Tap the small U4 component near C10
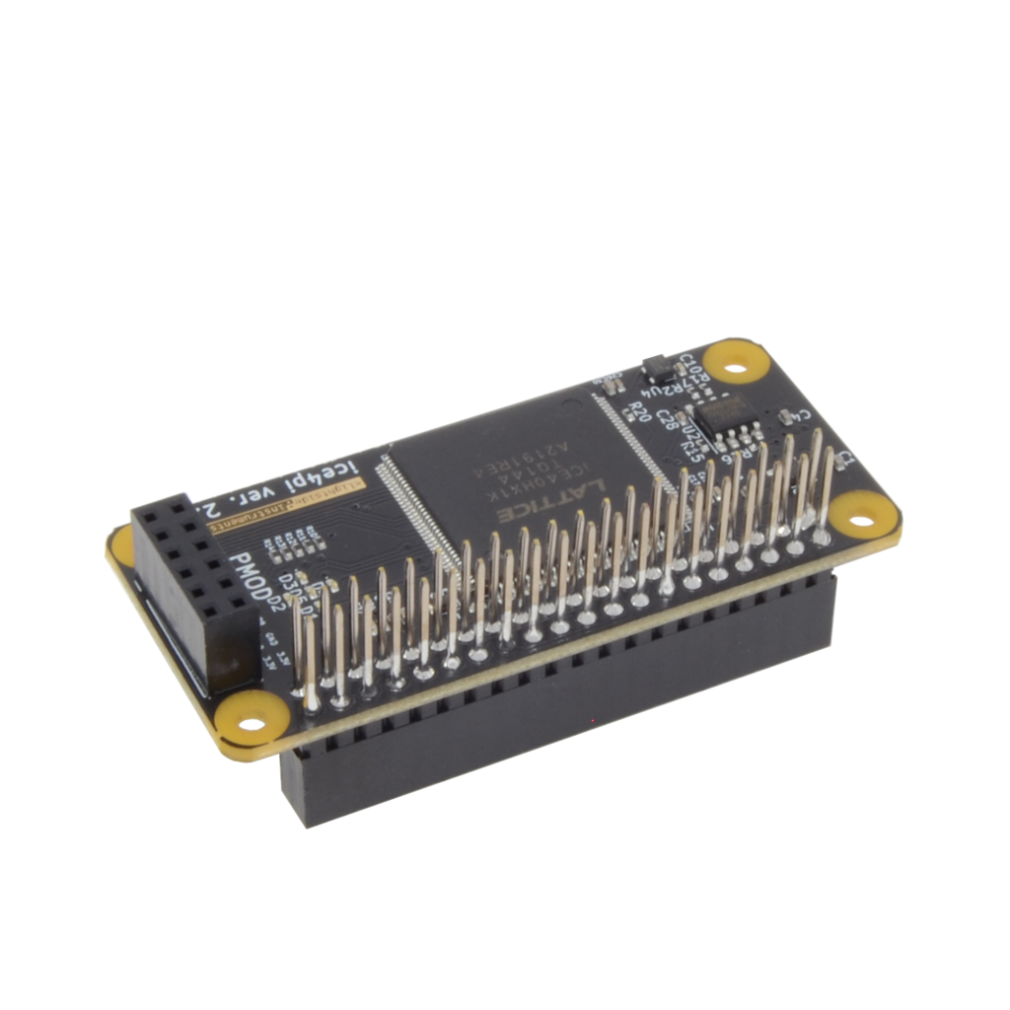[656, 369]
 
